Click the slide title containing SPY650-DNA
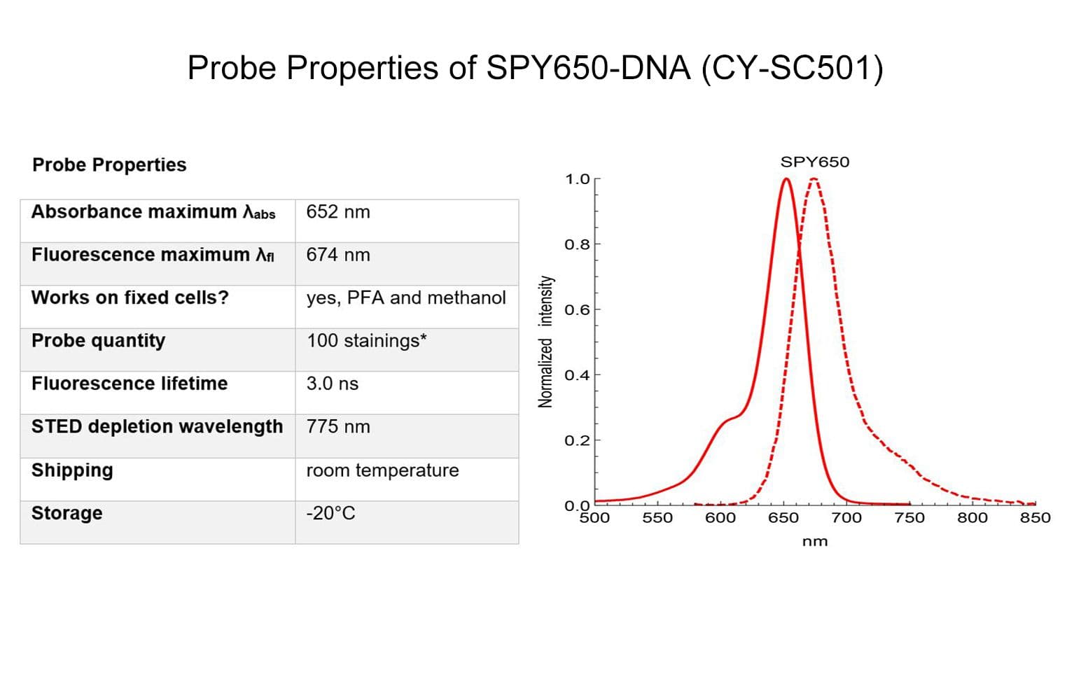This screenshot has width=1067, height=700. click(535, 69)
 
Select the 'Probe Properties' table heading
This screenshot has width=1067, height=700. click(109, 165)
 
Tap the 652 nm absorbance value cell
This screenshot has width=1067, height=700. click(338, 212)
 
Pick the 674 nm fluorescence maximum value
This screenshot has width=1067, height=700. click(338, 255)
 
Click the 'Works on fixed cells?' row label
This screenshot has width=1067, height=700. click(130, 297)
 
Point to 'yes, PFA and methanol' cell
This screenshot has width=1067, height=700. click(406, 298)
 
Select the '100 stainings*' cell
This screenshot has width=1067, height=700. click(367, 341)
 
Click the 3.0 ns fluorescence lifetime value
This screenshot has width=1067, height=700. click(333, 384)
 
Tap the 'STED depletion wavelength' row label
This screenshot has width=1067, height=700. click(158, 426)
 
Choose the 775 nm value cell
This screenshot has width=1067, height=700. click(338, 426)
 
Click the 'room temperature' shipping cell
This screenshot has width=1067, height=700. click(383, 470)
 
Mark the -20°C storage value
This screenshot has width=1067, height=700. click(330, 513)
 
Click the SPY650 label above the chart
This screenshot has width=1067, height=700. click(815, 162)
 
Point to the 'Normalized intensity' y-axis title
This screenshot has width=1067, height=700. click(545, 341)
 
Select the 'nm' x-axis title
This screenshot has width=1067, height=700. click(815, 541)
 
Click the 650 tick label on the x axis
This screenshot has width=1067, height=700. click(783, 518)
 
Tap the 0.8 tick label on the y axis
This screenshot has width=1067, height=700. click(577, 244)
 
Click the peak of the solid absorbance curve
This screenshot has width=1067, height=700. click(786, 179)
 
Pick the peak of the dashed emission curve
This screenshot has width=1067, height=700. click(814, 179)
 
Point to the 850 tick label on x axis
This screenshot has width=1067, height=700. click(1035, 518)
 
